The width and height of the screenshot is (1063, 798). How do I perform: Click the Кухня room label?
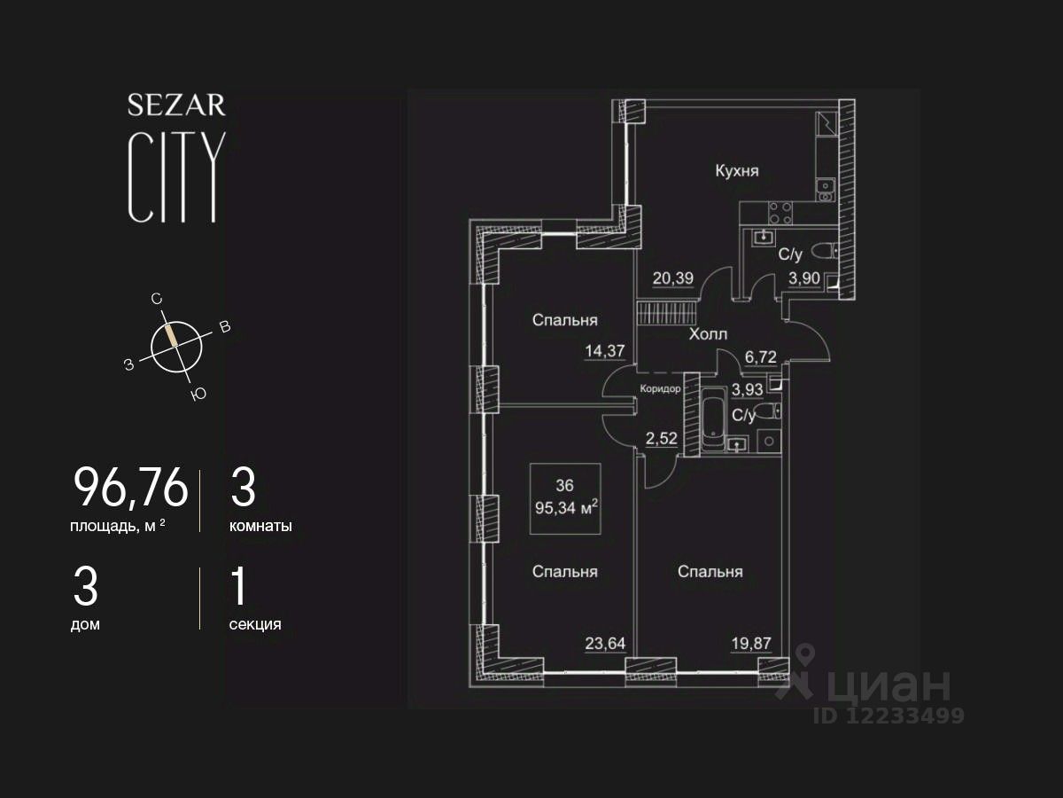coord(737,171)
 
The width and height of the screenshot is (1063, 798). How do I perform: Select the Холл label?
coord(708,334)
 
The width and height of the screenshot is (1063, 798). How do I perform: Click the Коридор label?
coord(661,389)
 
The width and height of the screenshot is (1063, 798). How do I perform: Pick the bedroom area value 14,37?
coord(605,350)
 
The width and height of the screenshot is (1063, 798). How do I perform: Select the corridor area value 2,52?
coord(662,437)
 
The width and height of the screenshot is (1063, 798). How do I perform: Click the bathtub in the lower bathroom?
coord(710,422)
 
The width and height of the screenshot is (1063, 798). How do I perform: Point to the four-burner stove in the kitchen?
coord(780,212)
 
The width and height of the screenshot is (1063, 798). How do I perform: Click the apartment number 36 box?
coord(565,498)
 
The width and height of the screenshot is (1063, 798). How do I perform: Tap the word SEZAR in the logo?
coord(176,106)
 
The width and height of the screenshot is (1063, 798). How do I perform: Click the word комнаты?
coord(260,526)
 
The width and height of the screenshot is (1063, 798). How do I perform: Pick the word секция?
coord(255,624)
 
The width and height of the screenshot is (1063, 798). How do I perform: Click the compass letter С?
coord(157,300)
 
